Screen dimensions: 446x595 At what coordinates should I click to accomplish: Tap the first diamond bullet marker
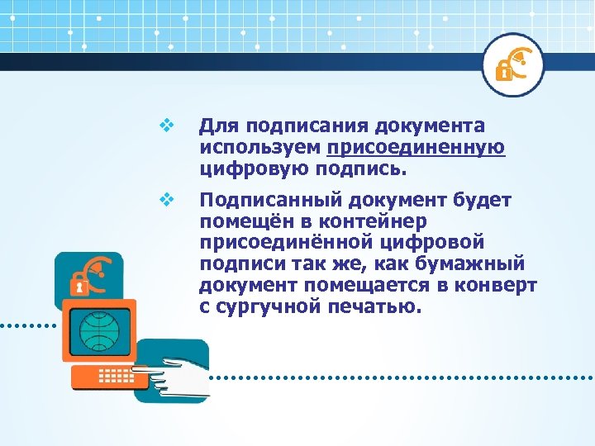[164, 126]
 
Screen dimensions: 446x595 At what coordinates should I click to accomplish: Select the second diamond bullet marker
[164, 199]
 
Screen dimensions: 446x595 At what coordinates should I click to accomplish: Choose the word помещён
[243, 222]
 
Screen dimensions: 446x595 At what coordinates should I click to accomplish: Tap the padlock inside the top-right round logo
[502, 71]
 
